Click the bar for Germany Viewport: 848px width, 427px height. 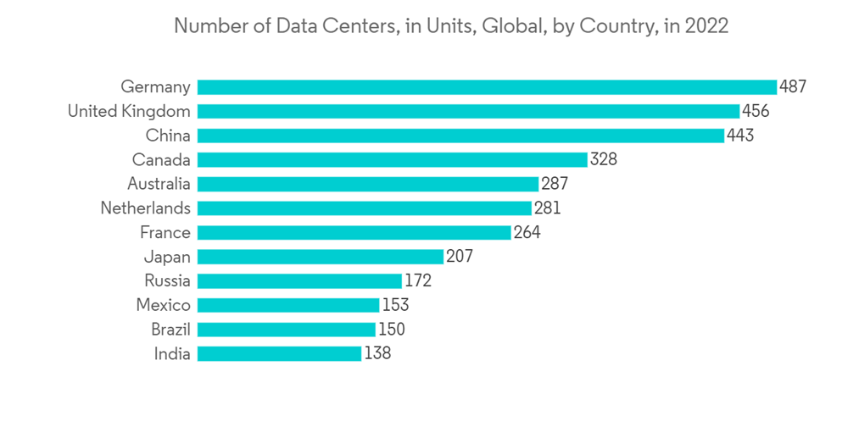pos(487,86)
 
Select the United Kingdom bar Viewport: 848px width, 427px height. pos(468,111)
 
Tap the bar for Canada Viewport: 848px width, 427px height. pos(392,159)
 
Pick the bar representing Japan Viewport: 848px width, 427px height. pos(320,257)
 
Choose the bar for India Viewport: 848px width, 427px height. pos(279,354)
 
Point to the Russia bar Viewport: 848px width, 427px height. pos(299,281)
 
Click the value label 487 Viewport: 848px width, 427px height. pos(793,86)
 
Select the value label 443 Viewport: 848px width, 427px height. pos(740,136)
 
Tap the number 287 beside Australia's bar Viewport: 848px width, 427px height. pos(554,184)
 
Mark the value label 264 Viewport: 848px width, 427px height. pos(527,233)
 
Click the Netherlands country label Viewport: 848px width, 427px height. pos(145,208)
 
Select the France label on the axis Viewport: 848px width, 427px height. pos(165,233)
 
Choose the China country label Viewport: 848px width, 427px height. pos(168,136)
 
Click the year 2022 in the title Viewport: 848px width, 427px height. pos(707,26)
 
